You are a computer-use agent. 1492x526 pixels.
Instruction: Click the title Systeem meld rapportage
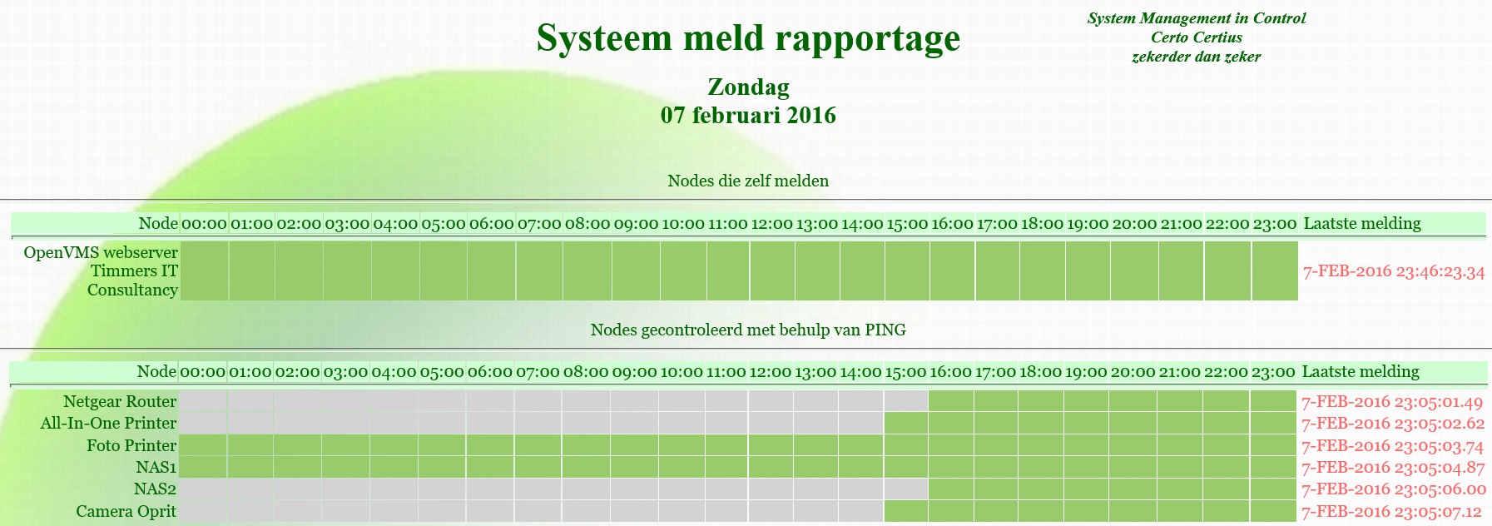tap(748, 38)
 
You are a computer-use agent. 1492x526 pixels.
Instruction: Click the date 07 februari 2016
tap(748, 115)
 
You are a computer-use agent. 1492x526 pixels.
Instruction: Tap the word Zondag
tap(748, 87)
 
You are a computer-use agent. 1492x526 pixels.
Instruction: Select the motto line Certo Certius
tap(1197, 37)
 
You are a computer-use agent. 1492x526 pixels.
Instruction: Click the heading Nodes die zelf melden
tap(748, 181)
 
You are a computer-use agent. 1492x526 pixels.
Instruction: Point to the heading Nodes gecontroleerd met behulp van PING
tap(748, 330)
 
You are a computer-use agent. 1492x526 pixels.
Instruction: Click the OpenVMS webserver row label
tap(101, 270)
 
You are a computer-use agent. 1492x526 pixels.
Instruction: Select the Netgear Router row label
tap(120, 401)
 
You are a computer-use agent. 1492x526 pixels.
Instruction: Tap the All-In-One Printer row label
tap(108, 423)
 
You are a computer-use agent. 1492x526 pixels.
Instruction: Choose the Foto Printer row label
tap(131, 445)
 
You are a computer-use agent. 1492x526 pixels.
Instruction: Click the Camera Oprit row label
tap(126, 511)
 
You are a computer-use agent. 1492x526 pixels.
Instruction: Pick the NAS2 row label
tap(155, 489)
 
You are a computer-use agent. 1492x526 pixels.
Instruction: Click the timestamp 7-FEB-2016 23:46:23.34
tap(1394, 271)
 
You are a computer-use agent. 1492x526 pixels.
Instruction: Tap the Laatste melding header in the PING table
tap(1361, 371)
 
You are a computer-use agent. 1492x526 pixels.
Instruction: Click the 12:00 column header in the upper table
tap(771, 223)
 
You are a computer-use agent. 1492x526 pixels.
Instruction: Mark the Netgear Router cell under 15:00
tap(905, 401)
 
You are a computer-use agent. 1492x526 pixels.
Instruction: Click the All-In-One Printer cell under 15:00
tap(905, 423)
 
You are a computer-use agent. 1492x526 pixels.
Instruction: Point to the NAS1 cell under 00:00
tap(202, 467)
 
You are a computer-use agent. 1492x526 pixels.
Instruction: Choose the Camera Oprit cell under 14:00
tap(860, 511)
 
